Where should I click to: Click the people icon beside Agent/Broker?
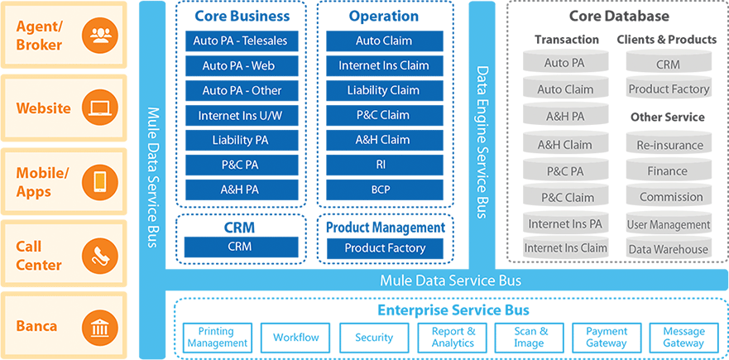[100, 36]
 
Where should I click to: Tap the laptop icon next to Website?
[100, 108]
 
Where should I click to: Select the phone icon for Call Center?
[100, 256]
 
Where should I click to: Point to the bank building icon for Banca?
[100, 328]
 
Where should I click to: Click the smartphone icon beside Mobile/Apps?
[100, 182]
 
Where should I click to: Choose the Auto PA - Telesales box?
[242, 41]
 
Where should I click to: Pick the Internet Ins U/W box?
[242, 115]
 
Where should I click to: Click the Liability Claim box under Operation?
[385, 90]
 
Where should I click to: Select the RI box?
[385, 165]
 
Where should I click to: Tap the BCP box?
[385, 190]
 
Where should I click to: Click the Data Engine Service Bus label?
[482, 142]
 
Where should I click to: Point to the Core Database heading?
[619, 17]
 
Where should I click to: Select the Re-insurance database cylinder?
[669, 144]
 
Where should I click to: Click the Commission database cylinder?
[669, 196]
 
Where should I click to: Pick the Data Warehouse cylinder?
[669, 248]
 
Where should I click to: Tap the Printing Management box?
[217, 338]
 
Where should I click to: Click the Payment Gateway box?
[607, 338]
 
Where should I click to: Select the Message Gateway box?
[683, 338]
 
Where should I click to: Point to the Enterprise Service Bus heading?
[453, 310]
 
